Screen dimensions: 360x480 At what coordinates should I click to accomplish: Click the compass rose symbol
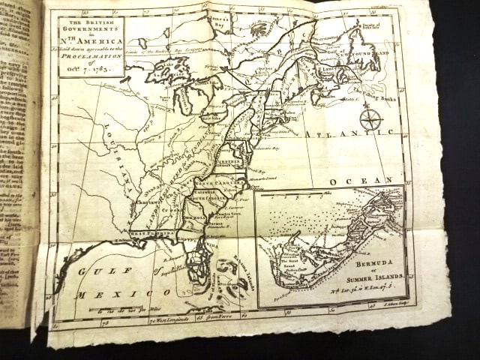370,118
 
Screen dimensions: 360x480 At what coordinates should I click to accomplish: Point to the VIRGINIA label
232,160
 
